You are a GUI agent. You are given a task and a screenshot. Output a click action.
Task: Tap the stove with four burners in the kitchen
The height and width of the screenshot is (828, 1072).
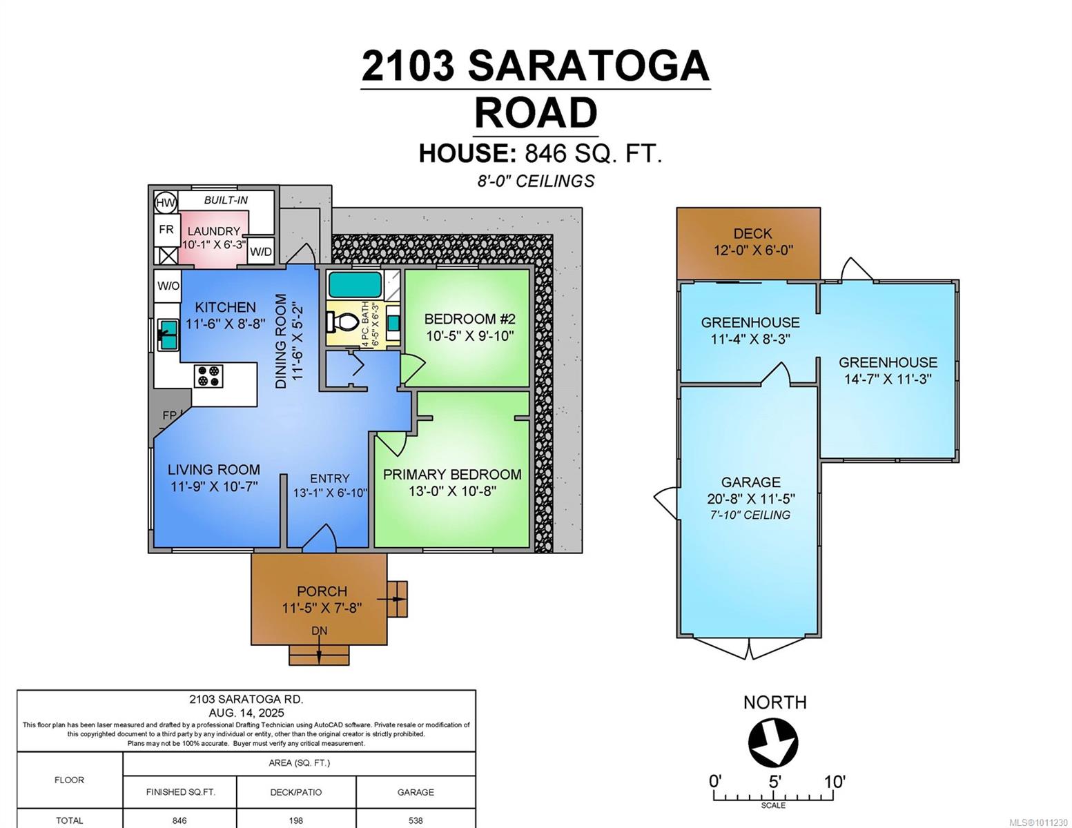coord(208,376)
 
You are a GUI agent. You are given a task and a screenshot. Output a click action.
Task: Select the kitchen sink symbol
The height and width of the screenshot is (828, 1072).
coord(168,334)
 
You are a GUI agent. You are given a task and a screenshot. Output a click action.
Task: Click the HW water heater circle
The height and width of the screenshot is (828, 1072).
coord(165,203)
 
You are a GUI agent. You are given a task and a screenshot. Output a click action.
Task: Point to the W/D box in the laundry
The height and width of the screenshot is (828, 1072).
coord(261,252)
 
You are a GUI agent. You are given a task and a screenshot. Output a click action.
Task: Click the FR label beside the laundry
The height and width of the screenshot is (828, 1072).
coord(166,229)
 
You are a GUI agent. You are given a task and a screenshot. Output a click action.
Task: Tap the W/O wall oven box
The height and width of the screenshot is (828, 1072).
coord(168,286)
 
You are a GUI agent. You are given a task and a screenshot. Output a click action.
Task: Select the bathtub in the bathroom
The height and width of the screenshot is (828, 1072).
coord(355,284)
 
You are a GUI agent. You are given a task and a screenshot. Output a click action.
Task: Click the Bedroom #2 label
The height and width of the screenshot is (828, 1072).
coord(469,319)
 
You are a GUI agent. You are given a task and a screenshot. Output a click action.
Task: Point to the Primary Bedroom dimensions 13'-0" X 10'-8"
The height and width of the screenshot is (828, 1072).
coord(452,491)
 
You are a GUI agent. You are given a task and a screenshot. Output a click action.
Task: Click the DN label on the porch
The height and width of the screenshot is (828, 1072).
coord(319,631)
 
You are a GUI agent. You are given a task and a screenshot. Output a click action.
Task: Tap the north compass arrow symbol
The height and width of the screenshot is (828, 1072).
coord(773,743)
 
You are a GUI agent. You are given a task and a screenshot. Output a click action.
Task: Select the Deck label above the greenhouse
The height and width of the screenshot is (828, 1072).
coord(752,234)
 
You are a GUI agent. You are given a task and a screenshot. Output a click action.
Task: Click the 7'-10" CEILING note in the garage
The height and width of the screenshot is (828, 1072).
coord(750,515)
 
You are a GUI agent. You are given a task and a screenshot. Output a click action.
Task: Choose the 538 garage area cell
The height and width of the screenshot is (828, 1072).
coord(416,820)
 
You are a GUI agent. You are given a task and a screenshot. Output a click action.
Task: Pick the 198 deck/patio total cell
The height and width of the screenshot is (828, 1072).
coord(296,820)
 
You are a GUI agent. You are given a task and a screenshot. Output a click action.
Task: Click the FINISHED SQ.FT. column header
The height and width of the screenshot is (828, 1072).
coord(180,792)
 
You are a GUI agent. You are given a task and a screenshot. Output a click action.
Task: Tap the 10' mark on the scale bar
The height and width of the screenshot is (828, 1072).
coord(834,782)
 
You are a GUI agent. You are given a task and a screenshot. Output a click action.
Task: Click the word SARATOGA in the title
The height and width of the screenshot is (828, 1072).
coord(588,66)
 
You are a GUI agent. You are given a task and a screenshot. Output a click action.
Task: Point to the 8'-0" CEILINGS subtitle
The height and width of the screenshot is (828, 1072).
coord(536,181)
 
